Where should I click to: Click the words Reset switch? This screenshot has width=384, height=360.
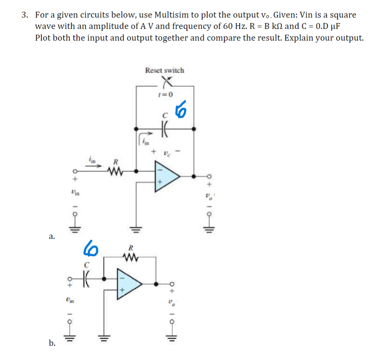click(x=165, y=71)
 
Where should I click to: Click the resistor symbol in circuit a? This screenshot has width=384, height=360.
click(x=115, y=170)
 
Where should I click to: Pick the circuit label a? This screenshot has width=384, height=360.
click(x=51, y=236)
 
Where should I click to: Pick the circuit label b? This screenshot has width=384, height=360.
click(x=52, y=343)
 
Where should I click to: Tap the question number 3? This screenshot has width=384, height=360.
click(x=25, y=15)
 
